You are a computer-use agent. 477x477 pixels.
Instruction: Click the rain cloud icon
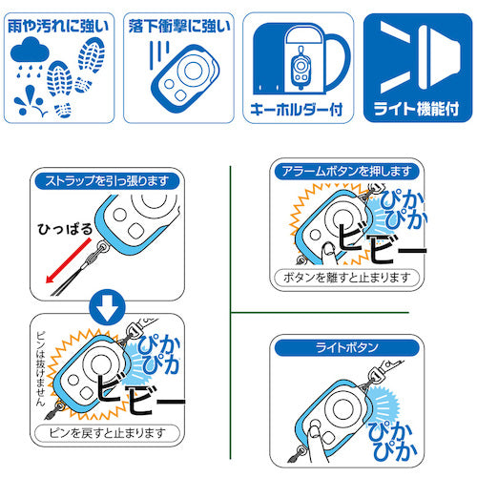[x=30, y=51]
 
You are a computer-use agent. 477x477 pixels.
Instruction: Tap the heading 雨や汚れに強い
[x=58, y=27]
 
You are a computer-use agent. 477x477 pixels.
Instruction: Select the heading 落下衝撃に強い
[x=179, y=27]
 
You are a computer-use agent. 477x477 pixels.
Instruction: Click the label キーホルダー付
[x=297, y=110]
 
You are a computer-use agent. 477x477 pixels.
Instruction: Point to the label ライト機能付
[x=417, y=109]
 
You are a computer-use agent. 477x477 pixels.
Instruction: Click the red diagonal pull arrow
[x=68, y=260]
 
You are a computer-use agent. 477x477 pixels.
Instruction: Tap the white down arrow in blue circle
[x=107, y=308]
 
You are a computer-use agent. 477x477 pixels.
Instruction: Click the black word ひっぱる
[x=65, y=229]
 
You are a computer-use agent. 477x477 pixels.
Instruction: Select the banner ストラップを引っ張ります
[x=107, y=181]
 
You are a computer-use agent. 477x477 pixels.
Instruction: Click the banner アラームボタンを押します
[x=347, y=172]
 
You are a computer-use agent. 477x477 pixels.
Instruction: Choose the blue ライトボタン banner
[x=347, y=347]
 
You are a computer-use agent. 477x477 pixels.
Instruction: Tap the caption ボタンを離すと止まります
[x=346, y=278]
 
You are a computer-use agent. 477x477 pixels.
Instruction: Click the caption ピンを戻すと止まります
[x=107, y=433]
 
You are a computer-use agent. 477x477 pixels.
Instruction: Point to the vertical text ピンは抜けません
[x=41, y=368]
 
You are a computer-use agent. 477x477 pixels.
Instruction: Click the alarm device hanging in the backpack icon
[x=301, y=67]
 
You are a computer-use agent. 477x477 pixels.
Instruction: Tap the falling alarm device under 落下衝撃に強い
[x=185, y=79]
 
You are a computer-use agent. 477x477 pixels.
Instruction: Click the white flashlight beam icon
[x=421, y=57]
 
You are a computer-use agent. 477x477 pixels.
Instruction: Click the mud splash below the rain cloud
[x=30, y=102]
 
